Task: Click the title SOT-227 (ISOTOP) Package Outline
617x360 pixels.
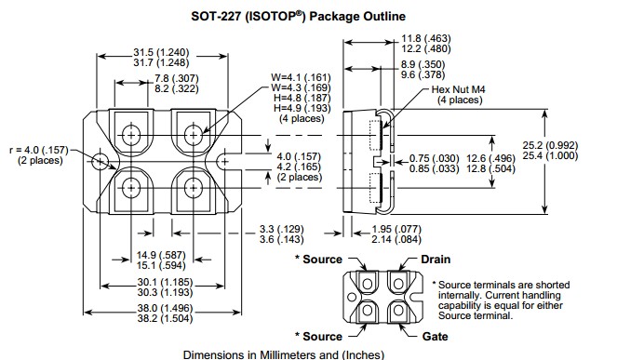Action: coord(298,16)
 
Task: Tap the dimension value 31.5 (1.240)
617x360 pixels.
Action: coord(161,52)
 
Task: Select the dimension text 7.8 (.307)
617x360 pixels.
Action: coord(177,78)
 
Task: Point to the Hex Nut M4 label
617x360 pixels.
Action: coord(459,89)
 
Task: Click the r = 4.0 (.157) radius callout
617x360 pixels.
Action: coord(39,151)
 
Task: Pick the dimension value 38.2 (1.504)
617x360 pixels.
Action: coord(166,318)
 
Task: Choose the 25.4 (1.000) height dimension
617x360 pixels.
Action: coord(551,155)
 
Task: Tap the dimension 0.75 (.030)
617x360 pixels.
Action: coord(435,158)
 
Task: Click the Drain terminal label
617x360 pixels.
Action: coord(436,260)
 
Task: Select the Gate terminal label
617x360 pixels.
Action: coord(435,337)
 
